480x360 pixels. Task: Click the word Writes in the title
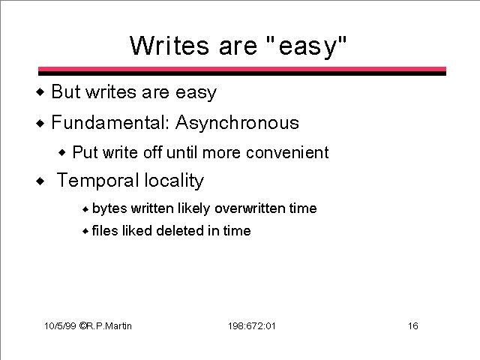pos(169,46)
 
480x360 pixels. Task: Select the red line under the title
pos(242,69)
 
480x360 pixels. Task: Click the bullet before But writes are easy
pos(40,91)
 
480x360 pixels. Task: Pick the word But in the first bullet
pos(66,91)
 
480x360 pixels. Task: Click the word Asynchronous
pos(237,124)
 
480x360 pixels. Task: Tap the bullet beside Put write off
pos(62,152)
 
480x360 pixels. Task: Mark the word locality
pos(174,181)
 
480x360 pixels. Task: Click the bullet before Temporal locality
pos(40,181)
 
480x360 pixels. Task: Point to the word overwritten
pos(250,208)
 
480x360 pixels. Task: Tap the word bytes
pos(109,209)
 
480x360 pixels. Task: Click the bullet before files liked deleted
pos(85,231)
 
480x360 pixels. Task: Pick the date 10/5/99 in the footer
pos(60,326)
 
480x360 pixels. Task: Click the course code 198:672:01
pos(252,326)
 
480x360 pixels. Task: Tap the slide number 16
pos(413,326)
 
